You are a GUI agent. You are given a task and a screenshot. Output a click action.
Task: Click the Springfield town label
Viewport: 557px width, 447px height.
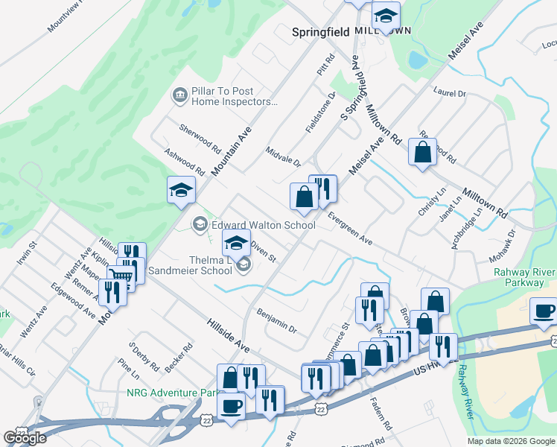tap(321, 32)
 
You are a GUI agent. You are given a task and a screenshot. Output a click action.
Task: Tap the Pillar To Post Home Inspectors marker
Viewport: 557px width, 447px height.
tap(179, 95)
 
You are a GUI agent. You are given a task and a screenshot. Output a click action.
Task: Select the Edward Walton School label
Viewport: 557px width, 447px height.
tap(264, 224)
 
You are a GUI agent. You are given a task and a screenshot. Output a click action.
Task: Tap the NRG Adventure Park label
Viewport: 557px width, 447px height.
tap(170, 393)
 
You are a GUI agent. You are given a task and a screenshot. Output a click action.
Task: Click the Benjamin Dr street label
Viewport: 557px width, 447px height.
tap(276, 321)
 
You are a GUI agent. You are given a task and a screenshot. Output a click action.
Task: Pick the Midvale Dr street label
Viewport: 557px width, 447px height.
tap(284, 156)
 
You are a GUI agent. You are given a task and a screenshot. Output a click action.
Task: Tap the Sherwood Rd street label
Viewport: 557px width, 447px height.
tap(200, 138)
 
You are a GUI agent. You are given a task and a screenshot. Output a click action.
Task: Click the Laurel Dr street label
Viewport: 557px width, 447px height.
tap(450, 93)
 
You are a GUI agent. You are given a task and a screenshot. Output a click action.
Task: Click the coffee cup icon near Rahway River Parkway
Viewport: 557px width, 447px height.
tap(543, 311)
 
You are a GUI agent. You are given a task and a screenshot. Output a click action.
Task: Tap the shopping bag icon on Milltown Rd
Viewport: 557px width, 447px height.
tap(422, 153)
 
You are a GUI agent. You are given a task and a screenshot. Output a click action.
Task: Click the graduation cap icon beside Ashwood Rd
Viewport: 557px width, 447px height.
tap(181, 191)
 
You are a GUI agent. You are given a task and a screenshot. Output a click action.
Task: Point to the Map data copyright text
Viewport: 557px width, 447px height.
tap(510, 441)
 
